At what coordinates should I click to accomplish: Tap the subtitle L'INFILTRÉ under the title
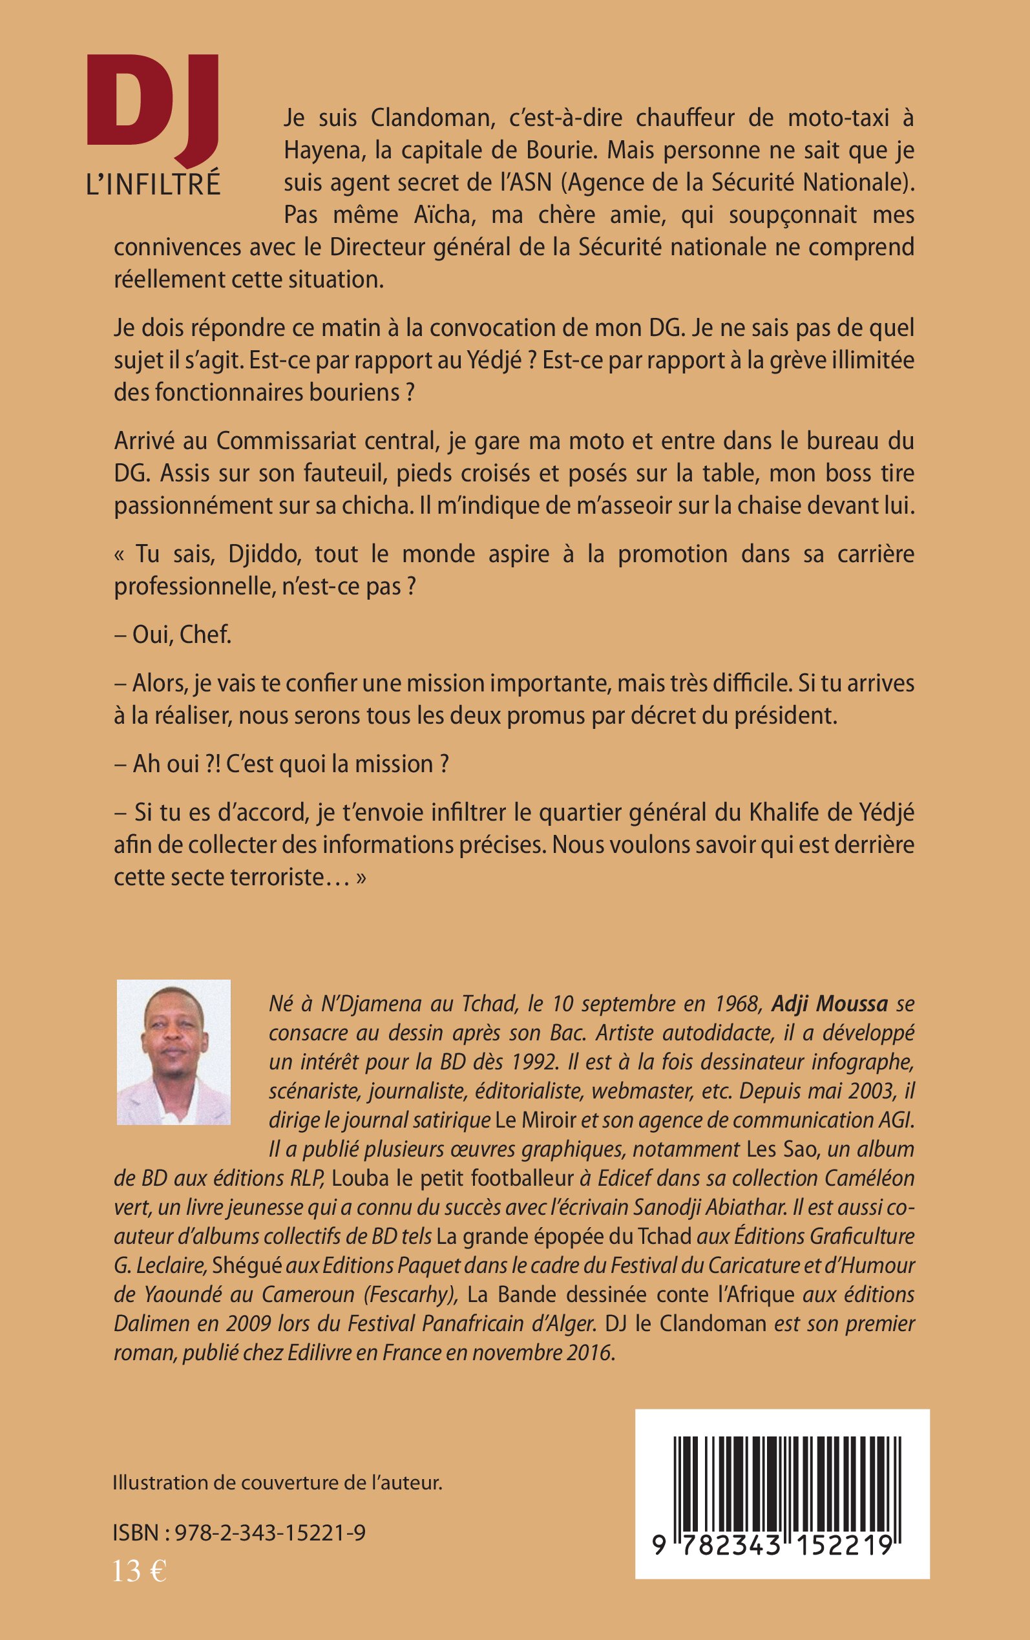pos(153,184)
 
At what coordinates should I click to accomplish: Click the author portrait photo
pos(174,1052)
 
